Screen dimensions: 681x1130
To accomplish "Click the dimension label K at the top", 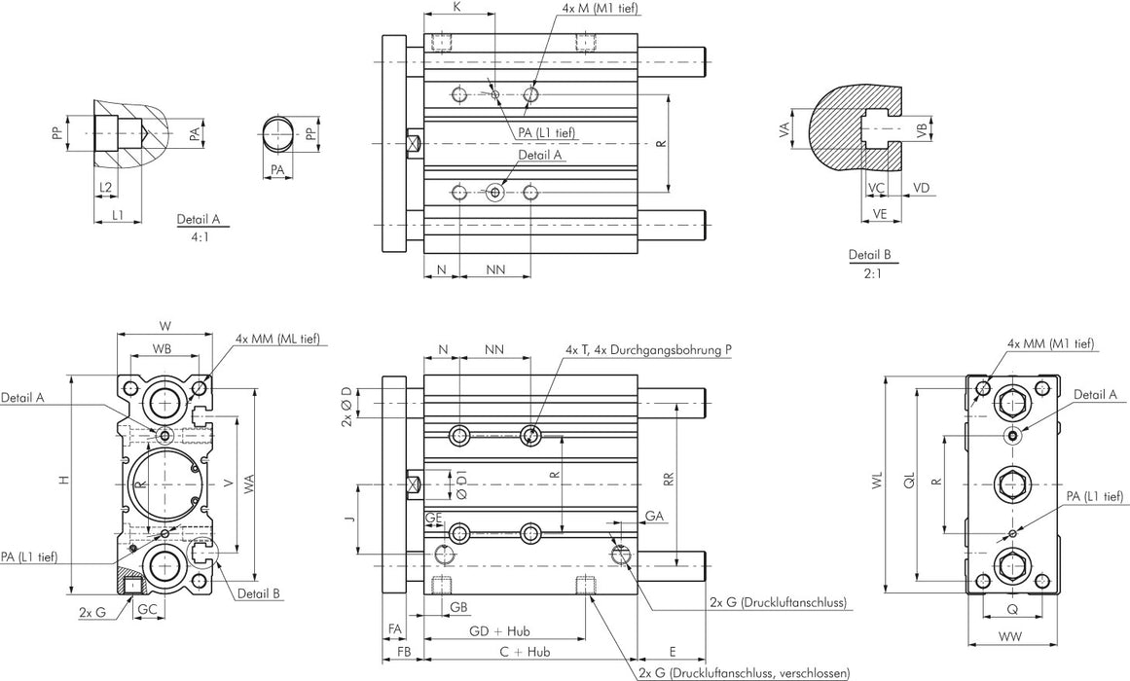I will tap(457, 7).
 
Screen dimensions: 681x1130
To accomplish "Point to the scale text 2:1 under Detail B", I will tap(870, 273).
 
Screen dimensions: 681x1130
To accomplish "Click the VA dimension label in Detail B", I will tap(784, 129).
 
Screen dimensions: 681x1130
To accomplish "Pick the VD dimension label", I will tap(921, 186).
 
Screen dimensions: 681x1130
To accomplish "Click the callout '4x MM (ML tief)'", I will tap(277, 339).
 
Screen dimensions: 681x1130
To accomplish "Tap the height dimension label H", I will tap(63, 481).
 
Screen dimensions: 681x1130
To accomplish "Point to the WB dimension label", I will tap(164, 347).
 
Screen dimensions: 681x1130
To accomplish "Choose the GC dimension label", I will tap(147, 609).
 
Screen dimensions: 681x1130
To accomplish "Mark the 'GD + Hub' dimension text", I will tap(494, 630).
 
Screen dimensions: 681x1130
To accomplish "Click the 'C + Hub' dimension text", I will tap(526, 652).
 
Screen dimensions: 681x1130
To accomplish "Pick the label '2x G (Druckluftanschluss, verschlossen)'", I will tap(744, 672).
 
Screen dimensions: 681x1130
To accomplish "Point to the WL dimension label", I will tap(877, 484).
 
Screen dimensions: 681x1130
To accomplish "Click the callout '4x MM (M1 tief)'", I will tap(1050, 343).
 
